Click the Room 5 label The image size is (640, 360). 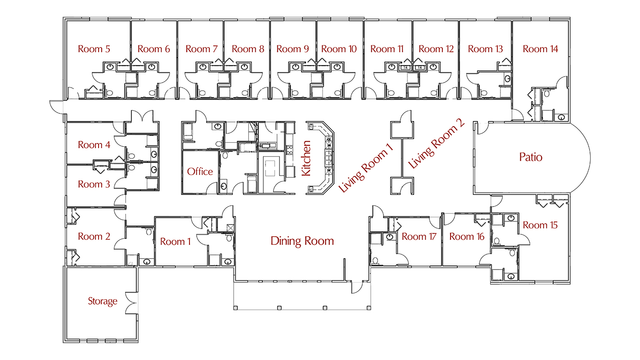(94, 49)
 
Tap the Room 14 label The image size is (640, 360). (540, 49)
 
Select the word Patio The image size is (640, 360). (531, 157)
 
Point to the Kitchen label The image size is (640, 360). (306, 158)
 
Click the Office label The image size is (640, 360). (200, 171)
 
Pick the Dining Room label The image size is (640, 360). (302, 241)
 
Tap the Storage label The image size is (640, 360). (102, 301)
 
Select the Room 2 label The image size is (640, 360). (94, 236)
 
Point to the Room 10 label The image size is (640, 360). (339, 49)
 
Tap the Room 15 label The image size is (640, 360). (540, 225)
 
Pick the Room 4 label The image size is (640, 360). (94, 145)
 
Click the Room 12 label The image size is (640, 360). (436, 49)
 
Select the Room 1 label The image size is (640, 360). (176, 242)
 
